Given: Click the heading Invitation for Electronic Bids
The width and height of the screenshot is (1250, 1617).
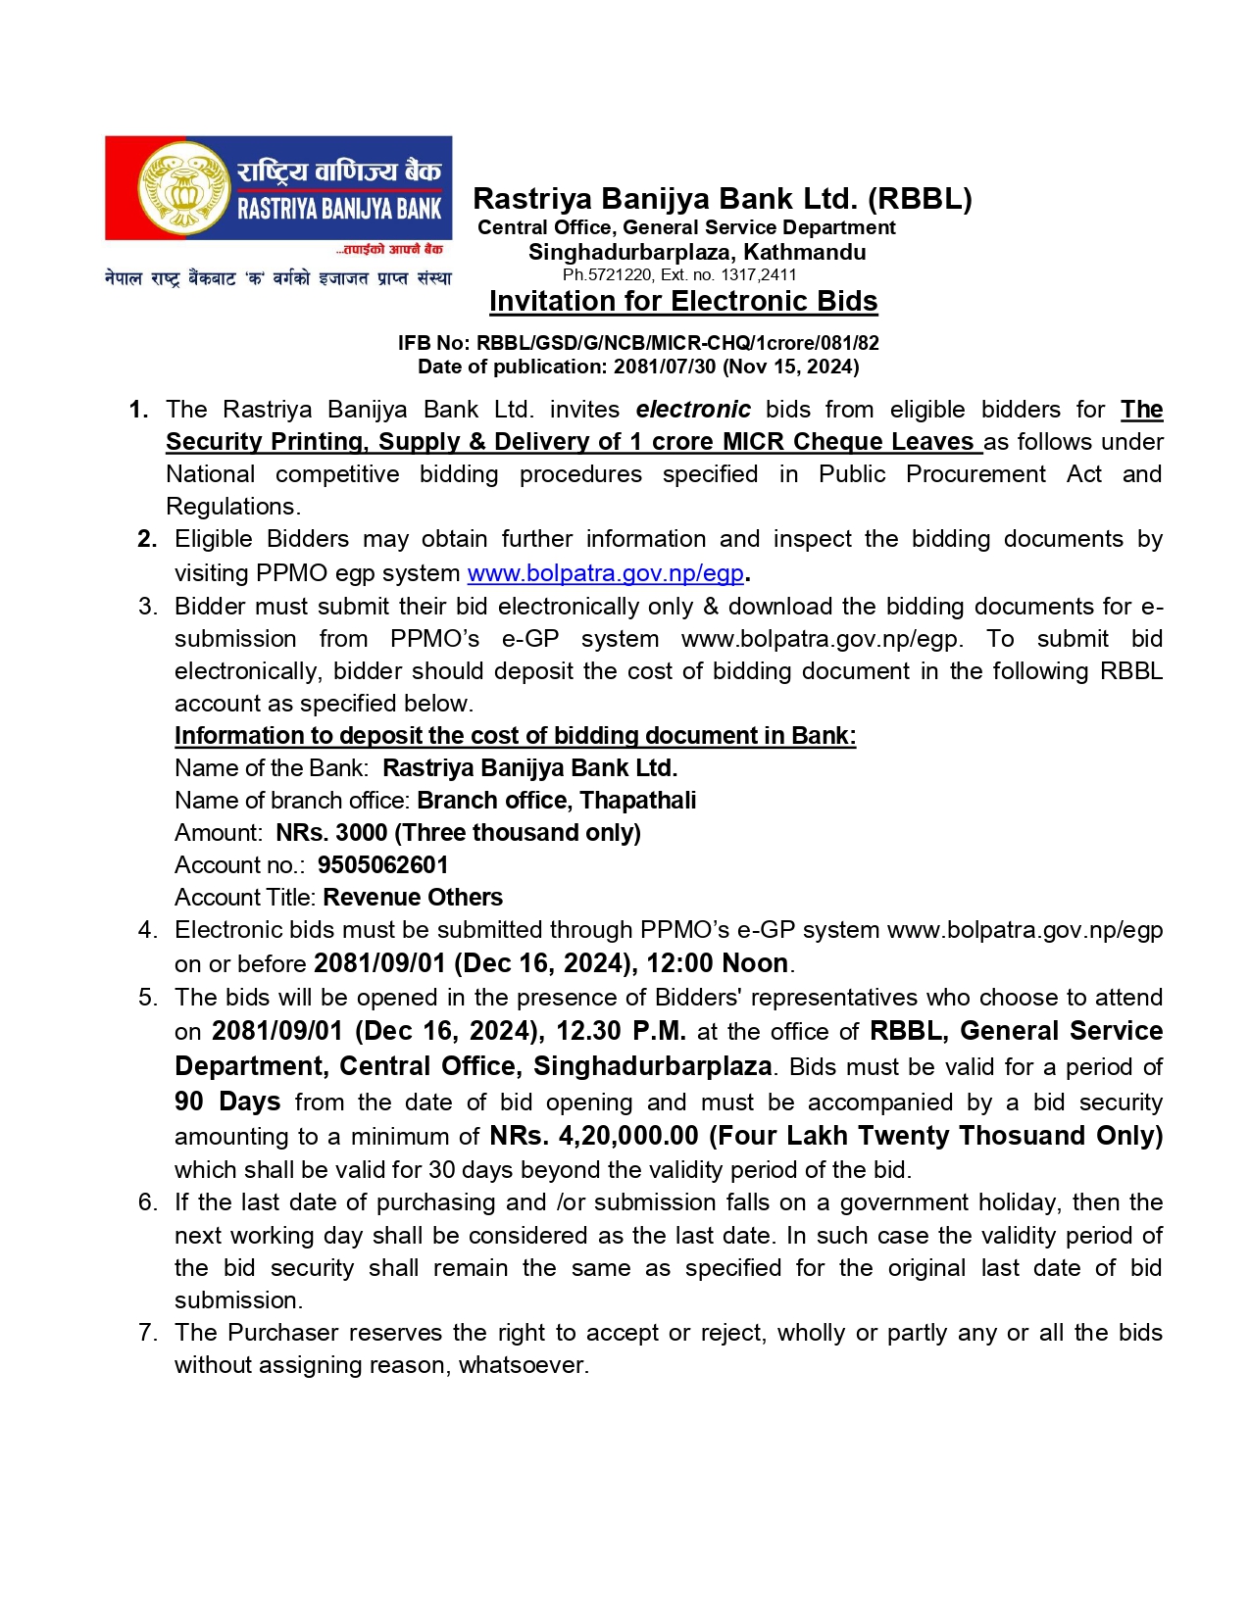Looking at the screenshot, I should [x=683, y=301].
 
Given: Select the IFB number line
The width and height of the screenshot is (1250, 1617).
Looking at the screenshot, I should [x=638, y=343].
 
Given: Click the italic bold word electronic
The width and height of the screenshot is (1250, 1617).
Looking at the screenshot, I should [x=693, y=410].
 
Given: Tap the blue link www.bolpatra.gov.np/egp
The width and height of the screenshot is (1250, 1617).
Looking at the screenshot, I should [x=605, y=572].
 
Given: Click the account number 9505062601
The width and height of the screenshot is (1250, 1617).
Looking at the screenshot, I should [x=382, y=865].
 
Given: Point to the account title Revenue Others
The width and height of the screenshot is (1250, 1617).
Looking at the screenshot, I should [x=413, y=898].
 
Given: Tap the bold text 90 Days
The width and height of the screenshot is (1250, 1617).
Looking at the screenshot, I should [x=227, y=1102].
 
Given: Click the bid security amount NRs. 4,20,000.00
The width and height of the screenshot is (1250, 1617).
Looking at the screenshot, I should [x=594, y=1136].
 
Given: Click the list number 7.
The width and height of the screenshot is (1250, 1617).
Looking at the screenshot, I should [x=147, y=1333].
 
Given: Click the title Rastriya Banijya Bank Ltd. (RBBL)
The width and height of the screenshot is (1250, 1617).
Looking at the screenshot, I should [x=723, y=199].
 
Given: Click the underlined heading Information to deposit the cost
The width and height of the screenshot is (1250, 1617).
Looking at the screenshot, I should [x=515, y=736].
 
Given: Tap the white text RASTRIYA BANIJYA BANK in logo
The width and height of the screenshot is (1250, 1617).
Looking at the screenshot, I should [x=339, y=209].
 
